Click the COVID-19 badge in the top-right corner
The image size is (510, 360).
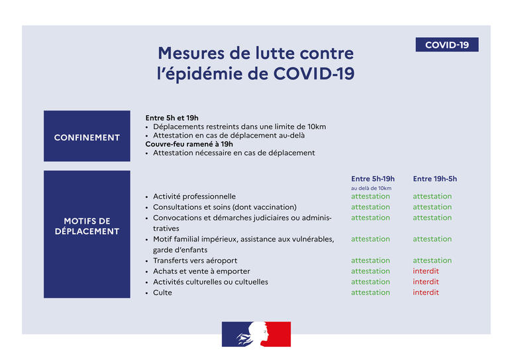point(446,45)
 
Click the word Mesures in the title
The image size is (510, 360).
point(193,53)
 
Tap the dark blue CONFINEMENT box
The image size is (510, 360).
point(87,137)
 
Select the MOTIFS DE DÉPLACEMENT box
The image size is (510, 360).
point(87,226)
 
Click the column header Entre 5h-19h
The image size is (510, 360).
point(372,179)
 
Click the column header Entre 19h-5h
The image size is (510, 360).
point(434,179)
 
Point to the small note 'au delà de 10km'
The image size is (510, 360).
point(371,189)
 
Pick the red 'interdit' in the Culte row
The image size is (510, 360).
point(425,292)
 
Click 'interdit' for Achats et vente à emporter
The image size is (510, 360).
point(425,271)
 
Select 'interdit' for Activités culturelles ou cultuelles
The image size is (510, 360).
point(425,282)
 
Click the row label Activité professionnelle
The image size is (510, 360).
point(194,197)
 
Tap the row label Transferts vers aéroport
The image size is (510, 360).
point(195,261)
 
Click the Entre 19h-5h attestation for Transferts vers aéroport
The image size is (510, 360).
point(432,261)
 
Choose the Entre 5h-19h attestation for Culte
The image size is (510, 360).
point(370,292)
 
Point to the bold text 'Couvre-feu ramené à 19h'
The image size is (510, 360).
point(189,144)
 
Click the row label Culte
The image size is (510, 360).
point(162,292)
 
